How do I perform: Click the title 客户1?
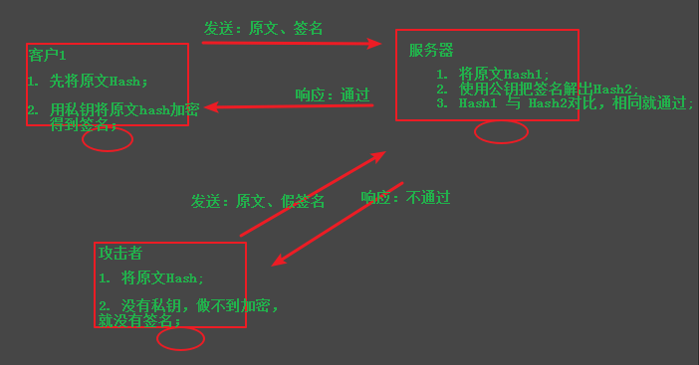47,55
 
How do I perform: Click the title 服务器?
431,50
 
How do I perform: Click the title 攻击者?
120,253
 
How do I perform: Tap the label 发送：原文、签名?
263,28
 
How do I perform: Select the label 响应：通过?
333,94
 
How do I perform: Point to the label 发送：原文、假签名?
258,201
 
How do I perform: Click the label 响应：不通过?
405,197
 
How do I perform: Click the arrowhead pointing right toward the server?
374,43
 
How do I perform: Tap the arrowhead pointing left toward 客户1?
211,107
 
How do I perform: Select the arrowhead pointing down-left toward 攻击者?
279,260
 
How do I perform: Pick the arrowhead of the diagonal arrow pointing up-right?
378,156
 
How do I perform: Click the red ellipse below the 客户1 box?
108,150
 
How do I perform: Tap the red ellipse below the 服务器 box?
501,143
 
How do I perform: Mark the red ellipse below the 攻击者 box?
180,349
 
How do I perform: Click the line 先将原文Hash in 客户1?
99,81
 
